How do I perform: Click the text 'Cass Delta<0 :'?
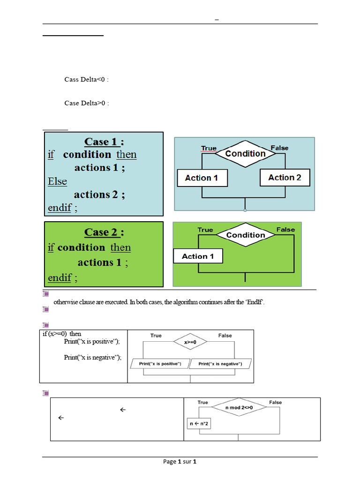coord(86,79)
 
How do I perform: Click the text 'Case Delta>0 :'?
coord(86,103)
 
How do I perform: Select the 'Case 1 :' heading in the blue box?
coord(105,142)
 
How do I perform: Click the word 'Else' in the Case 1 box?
coord(57,181)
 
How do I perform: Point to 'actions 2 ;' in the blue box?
coord(99,194)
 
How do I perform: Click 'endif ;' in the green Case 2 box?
coord(62,278)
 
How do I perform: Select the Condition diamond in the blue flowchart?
coord(245,154)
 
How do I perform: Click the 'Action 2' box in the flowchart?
coord(285,178)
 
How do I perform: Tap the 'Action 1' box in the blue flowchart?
coord(202,178)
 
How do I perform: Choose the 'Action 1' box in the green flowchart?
coord(198,256)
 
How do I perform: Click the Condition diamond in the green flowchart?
coord(245,235)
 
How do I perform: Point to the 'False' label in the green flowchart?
coord(285,230)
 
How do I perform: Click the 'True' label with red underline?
coord(209,148)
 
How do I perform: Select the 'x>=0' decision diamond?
coord(190,343)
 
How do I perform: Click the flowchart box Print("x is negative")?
coord(220,364)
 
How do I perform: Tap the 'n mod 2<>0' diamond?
coord(239,408)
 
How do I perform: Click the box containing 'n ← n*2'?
coord(199,424)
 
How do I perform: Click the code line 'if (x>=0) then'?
coord(62,334)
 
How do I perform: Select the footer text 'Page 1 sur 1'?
coord(180,462)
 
